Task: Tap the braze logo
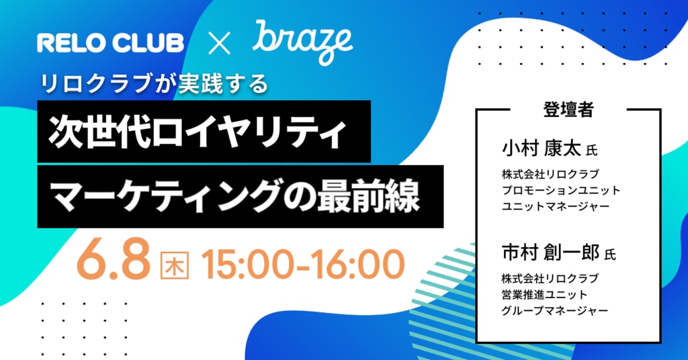(303, 42)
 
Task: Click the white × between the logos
(219, 44)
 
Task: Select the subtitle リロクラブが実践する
(154, 83)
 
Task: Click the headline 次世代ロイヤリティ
(198, 132)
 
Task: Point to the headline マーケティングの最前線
(234, 196)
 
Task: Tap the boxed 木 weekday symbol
(174, 265)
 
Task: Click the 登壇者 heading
(568, 109)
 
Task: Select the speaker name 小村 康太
(542, 148)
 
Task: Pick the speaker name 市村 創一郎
(551, 252)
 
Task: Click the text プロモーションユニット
(561, 190)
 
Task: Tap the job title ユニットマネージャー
(556, 206)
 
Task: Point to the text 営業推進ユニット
(544, 294)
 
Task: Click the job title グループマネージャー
(555, 310)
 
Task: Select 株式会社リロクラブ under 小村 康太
(550, 174)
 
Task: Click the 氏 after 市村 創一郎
(610, 254)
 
